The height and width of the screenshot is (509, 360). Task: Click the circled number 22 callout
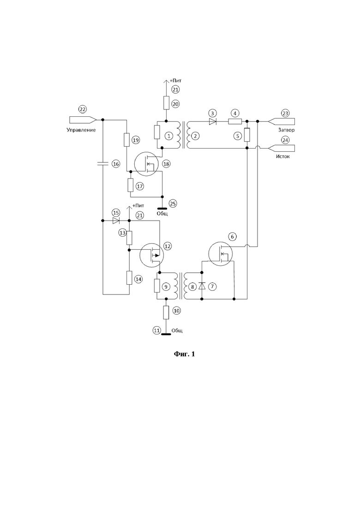click(x=83, y=109)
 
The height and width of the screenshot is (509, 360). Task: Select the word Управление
click(x=81, y=130)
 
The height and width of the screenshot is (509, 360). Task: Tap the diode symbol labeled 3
click(x=213, y=121)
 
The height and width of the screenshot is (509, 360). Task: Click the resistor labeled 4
click(x=235, y=121)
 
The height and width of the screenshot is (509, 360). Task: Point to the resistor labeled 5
click(x=247, y=134)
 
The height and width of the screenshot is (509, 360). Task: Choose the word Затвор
click(x=286, y=130)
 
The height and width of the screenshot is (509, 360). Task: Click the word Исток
click(x=283, y=156)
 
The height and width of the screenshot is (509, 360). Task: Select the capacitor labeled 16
click(x=102, y=164)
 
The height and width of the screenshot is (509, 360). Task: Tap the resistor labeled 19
click(x=127, y=140)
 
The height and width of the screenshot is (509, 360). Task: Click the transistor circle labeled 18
click(x=146, y=164)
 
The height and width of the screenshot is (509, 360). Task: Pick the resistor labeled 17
click(x=131, y=185)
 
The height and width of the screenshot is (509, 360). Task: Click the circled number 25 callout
click(x=173, y=204)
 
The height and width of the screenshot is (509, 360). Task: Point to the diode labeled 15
click(x=115, y=221)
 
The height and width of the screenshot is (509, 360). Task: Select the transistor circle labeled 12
click(x=151, y=255)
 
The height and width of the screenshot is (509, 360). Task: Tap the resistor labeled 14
click(x=129, y=278)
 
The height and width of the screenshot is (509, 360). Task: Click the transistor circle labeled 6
click(x=221, y=253)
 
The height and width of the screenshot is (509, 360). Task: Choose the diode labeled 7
click(x=202, y=286)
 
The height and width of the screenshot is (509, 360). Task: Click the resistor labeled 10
click(x=166, y=312)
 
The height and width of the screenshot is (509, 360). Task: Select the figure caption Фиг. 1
click(x=184, y=354)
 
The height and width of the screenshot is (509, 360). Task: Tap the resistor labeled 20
click(x=166, y=103)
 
